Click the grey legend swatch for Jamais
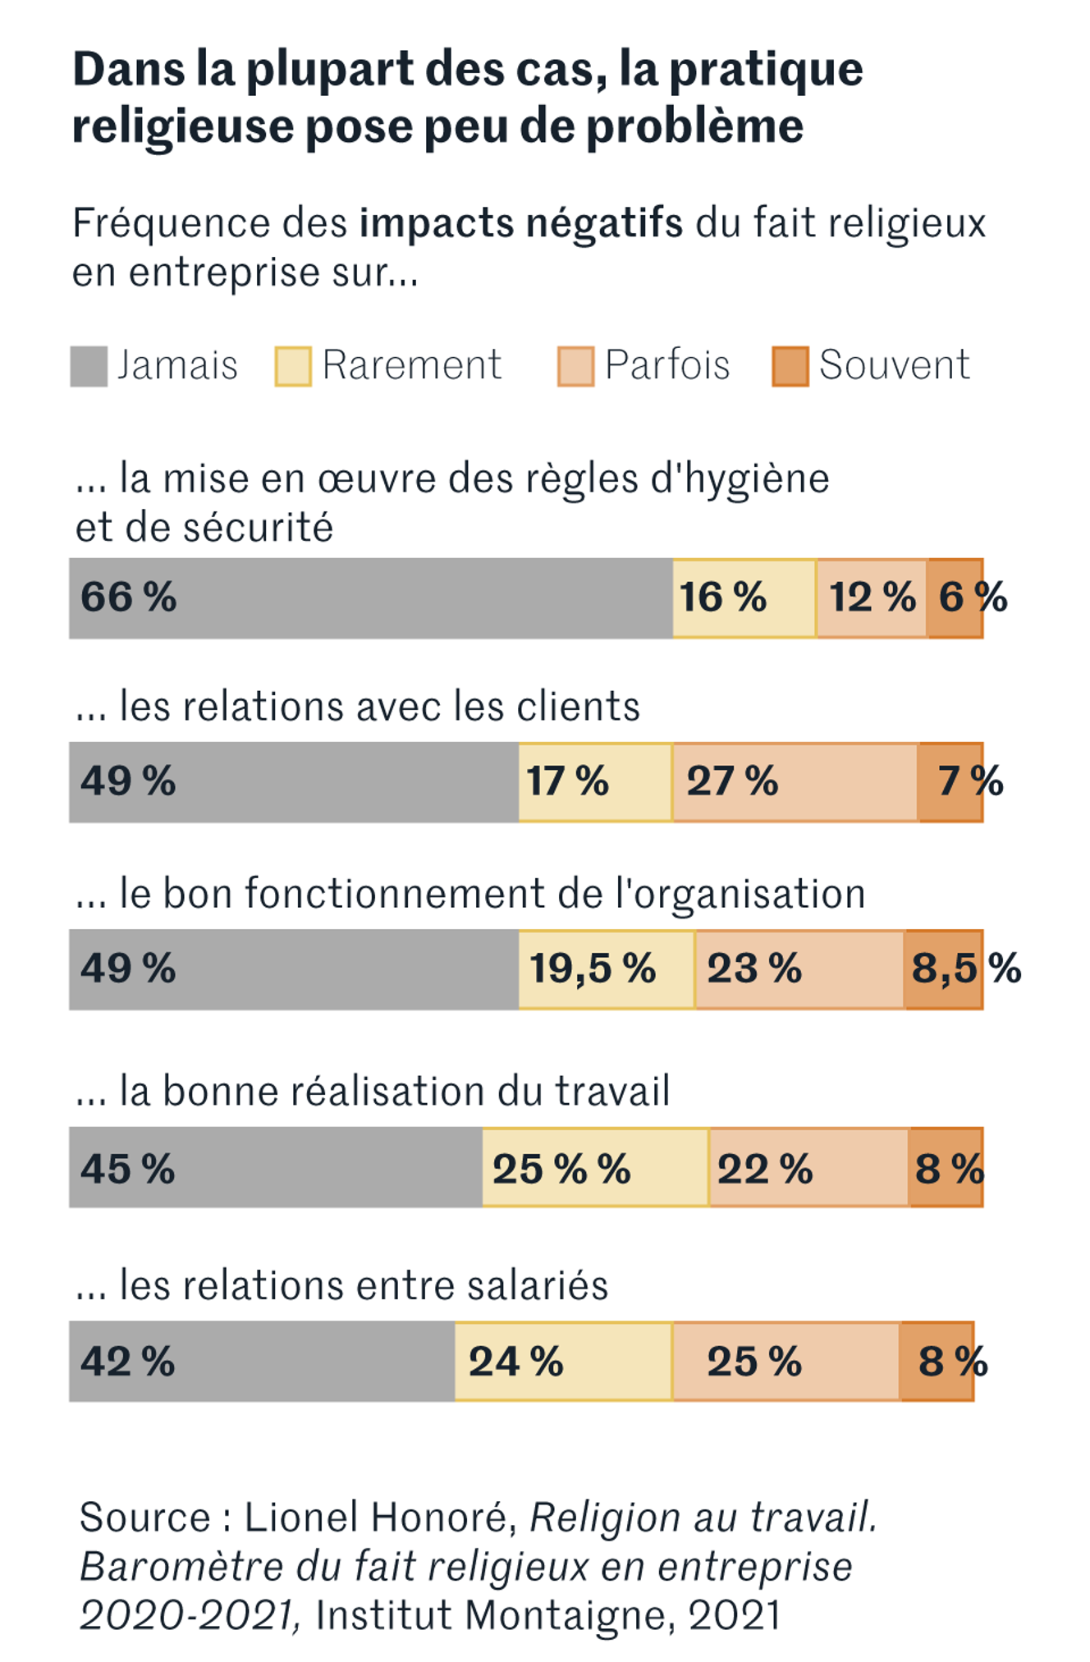coord(89,366)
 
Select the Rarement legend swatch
coord(293,366)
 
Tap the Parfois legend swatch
coord(575,366)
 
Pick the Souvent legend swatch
coord(790,366)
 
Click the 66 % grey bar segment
coord(370,597)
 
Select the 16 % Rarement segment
coord(744,597)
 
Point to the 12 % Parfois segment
coord(872,597)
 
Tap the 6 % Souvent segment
coord(955,597)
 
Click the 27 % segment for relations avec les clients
coord(795,781)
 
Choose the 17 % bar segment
coord(595,781)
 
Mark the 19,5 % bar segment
coord(607,968)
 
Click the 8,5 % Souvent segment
coord(944,968)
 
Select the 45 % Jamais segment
coord(275,1166)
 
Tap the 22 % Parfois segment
coord(808,1166)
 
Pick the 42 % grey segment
coord(261,1360)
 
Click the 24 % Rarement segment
coord(563,1360)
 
